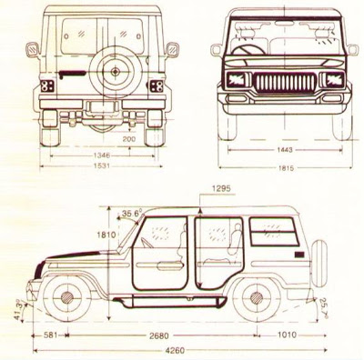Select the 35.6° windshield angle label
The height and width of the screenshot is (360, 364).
coord(131,215)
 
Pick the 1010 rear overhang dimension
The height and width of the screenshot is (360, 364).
coord(288,334)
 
